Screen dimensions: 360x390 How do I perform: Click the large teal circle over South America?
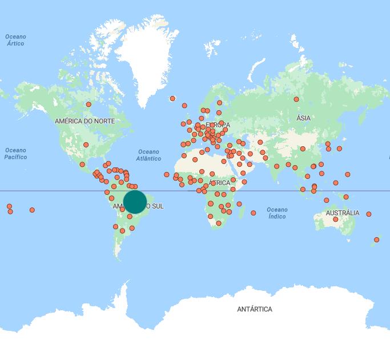click(x=135, y=202)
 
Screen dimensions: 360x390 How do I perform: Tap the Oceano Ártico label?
click(x=15, y=40)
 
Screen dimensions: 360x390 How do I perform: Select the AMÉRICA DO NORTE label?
click(x=85, y=121)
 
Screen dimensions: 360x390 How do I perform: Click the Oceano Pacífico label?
click(x=15, y=154)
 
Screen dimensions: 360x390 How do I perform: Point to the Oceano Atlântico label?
click(x=149, y=155)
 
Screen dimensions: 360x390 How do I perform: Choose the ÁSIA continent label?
click(x=303, y=118)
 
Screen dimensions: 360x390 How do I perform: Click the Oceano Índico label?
click(x=277, y=213)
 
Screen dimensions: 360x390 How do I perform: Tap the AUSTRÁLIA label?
click(x=342, y=213)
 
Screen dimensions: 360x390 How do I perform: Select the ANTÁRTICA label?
click(x=254, y=309)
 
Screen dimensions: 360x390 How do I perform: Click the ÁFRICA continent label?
click(x=220, y=183)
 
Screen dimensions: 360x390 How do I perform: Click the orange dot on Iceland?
click(x=172, y=98)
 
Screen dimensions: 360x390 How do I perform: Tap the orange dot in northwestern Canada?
click(x=89, y=104)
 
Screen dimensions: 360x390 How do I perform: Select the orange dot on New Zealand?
click(x=376, y=239)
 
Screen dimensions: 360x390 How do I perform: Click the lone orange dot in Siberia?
click(x=296, y=99)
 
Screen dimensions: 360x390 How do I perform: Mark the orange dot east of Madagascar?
click(x=254, y=213)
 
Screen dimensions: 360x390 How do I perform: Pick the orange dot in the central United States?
click(x=86, y=145)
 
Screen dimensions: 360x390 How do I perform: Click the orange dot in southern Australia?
click(x=336, y=219)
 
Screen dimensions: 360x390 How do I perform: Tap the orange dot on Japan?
click(x=339, y=149)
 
